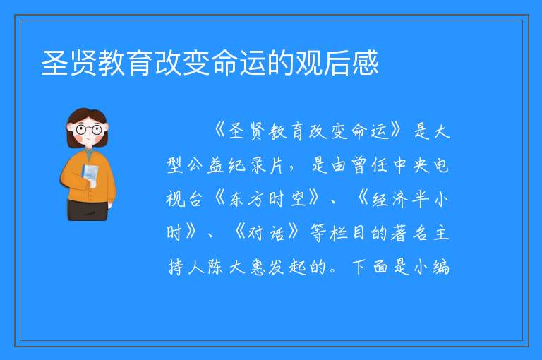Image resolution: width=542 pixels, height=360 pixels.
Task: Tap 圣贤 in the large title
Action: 68,63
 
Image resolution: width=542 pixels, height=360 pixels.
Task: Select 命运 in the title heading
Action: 238,63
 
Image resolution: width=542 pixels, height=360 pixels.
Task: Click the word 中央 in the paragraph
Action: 411,166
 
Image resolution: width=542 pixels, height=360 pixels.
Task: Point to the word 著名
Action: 409,233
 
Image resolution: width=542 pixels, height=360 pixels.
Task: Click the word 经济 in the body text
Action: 390,199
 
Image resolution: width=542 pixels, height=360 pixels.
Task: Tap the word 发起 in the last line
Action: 288,267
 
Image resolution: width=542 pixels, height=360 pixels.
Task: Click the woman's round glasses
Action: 88,130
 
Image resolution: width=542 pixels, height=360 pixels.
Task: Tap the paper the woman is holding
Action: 90,175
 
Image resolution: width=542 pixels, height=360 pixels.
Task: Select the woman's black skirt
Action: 88,210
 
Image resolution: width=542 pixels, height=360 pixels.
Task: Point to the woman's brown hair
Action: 86,119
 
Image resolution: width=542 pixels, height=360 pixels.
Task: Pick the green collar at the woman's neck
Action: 89,153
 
